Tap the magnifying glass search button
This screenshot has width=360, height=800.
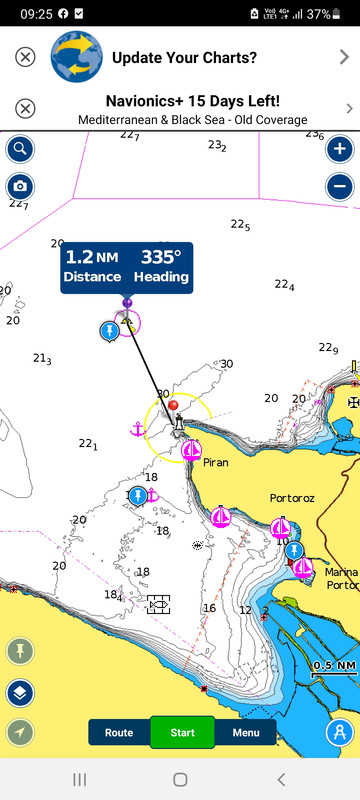pos(19,150)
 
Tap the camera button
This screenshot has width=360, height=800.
pos(19,186)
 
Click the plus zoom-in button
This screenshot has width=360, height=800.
pos(340,150)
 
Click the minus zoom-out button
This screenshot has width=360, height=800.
pos(340,186)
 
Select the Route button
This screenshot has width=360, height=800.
pos(119,732)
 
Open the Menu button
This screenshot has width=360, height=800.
pos(246,732)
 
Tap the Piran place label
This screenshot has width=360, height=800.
pos(216,463)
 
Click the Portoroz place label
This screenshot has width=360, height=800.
pos(293,497)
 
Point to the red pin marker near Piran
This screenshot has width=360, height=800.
pos(174,406)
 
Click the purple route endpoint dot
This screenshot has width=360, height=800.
pos(127,302)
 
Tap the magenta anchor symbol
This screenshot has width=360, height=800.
pos(138,429)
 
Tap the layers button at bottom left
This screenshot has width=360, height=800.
pos(19,692)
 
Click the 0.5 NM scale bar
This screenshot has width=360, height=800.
pos(333,668)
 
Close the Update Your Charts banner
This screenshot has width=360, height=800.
pos(26,57)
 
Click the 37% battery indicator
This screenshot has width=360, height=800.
pos(338,14)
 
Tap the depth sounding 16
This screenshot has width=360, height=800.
pos(210,608)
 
